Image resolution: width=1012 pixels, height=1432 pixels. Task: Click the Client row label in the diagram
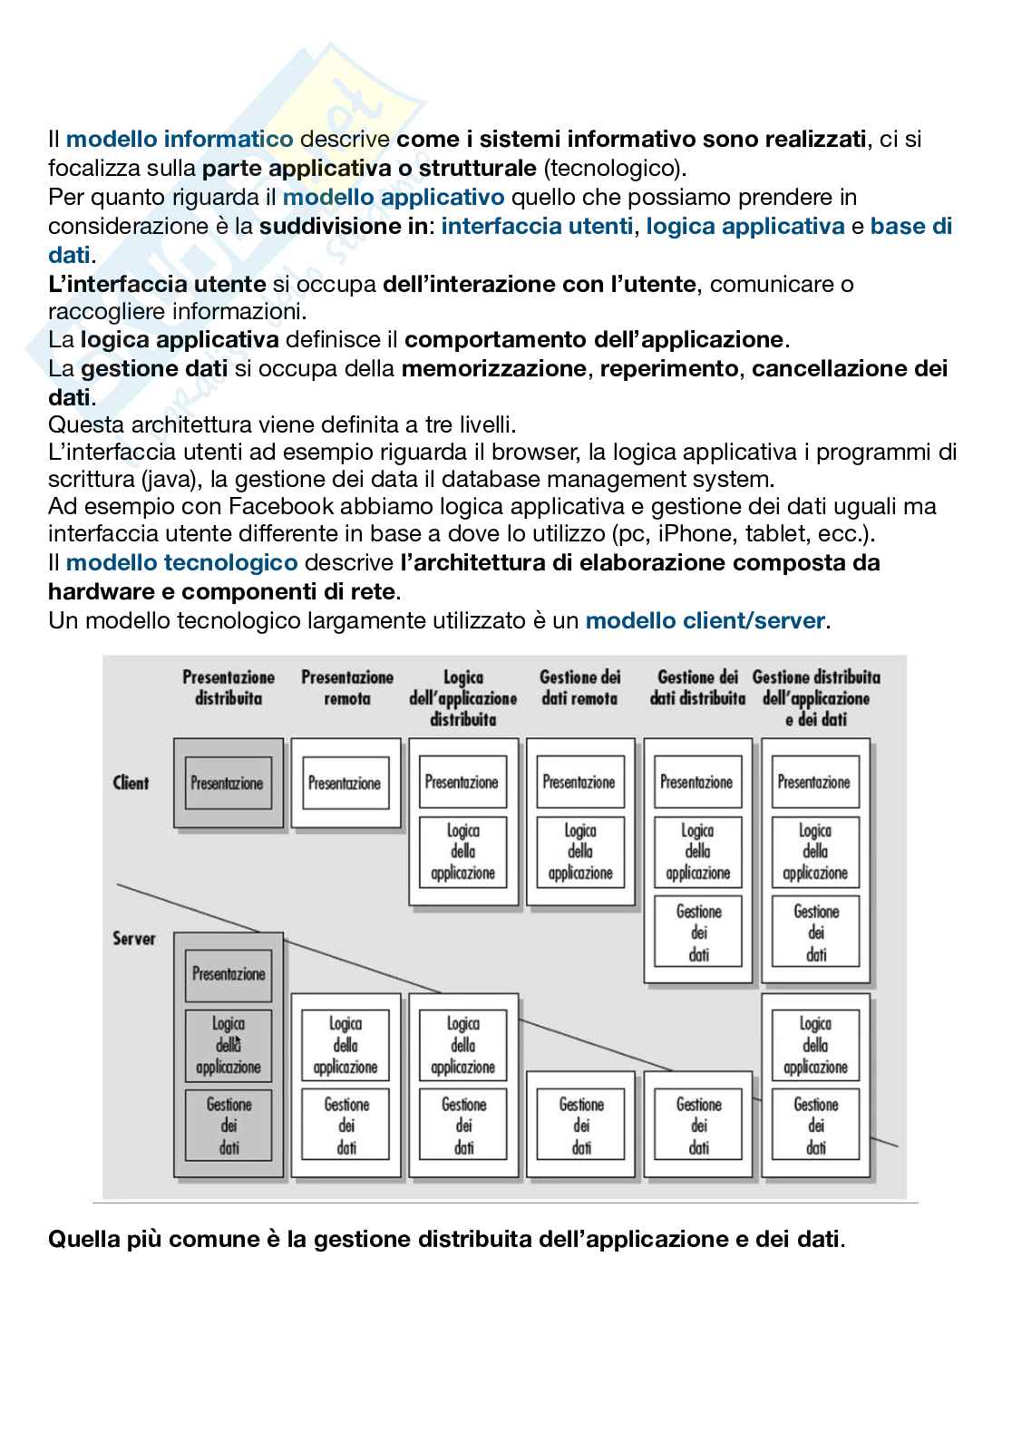(x=131, y=783)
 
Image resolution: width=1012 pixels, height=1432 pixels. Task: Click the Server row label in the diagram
(x=133, y=938)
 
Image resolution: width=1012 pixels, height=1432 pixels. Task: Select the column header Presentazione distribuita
(x=229, y=687)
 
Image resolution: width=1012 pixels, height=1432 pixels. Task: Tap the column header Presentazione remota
(x=347, y=687)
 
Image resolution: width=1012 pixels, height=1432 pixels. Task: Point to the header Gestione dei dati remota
(x=579, y=687)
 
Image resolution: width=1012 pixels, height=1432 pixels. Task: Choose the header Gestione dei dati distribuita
(x=697, y=687)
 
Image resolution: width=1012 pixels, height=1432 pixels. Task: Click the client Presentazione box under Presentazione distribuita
(x=228, y=784)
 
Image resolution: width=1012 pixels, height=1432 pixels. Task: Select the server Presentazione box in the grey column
(x=229, y=974)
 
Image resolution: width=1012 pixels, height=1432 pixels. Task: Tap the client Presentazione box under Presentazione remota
(x=345, y=784)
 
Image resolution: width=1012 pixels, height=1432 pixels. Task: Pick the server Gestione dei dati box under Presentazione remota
(x=346, y=1125)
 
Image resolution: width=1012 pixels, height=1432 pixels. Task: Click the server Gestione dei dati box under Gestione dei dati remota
(x=581, y=1125)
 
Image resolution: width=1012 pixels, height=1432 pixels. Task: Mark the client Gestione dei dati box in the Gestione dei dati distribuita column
(x=698, y=932)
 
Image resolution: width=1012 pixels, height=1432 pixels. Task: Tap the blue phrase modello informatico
(x=180, y=139)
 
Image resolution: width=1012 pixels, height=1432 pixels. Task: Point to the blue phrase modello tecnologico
(x=181, y=562)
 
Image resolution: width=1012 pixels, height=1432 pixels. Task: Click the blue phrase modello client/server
(x=705, y=621)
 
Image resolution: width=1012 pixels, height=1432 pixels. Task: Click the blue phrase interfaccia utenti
(x=537, y=226)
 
